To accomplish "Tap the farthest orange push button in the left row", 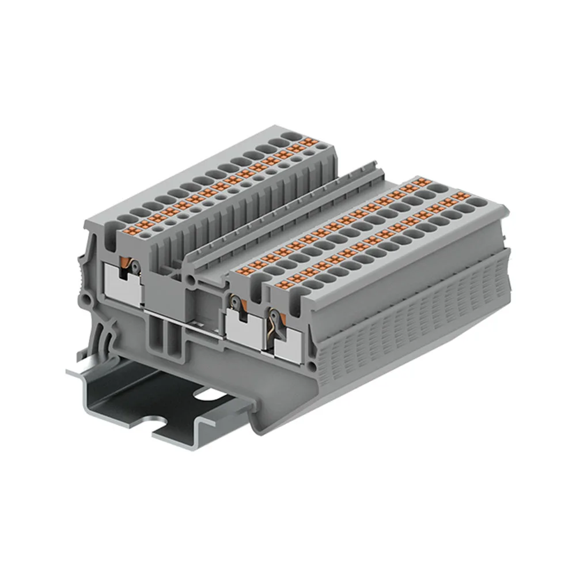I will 310,142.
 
